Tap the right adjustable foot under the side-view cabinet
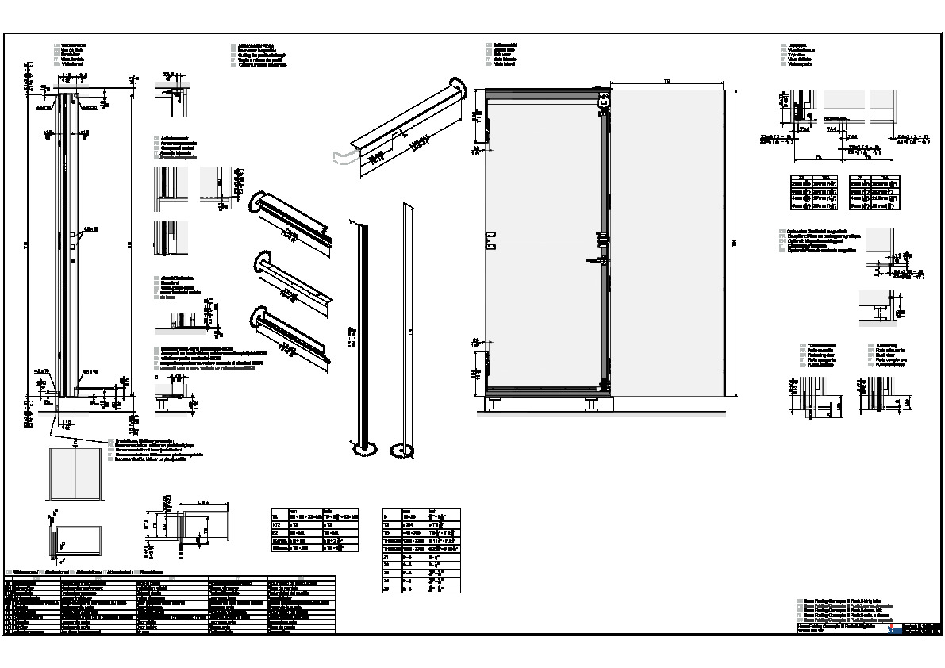[593, 405]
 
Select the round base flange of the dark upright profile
[365, 451]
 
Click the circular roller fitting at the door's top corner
[605, 102]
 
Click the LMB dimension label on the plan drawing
[202, 503]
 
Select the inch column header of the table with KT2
[326, 512]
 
